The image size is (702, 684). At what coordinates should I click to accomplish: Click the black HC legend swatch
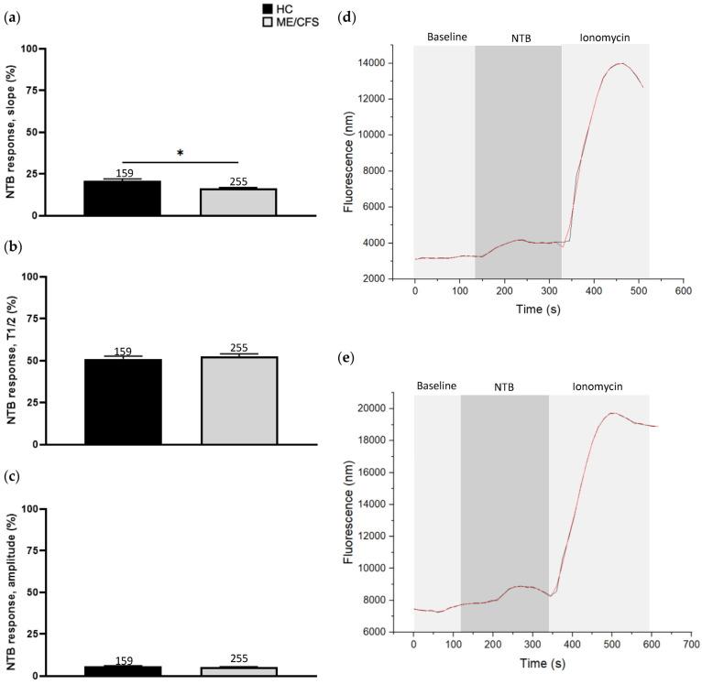[266, 8]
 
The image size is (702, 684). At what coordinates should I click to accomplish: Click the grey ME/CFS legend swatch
[266, 21]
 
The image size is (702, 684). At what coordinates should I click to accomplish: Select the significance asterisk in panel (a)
[181, 154]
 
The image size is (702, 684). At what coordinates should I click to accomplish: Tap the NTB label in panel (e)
[503, 387]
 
